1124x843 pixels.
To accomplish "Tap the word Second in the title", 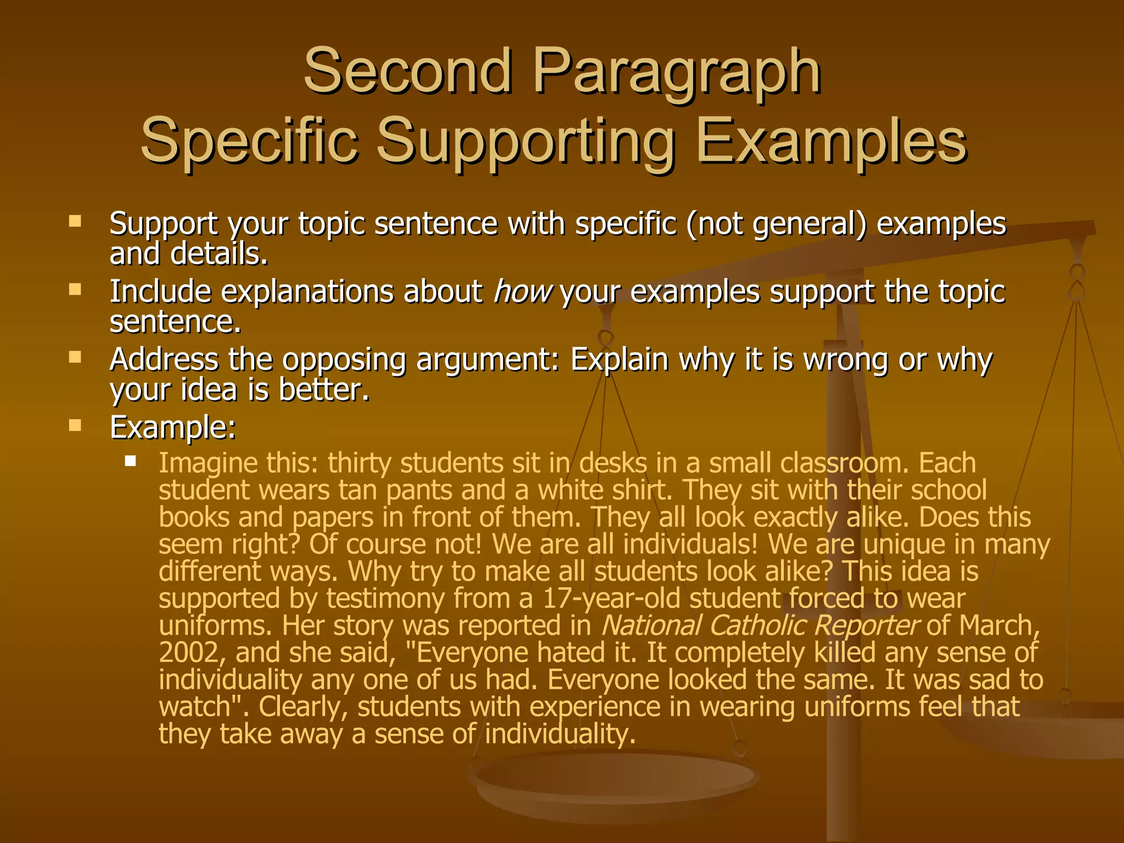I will tap(408, 71).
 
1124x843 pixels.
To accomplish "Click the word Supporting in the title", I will tap(525, 143).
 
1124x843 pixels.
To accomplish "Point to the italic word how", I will tap(522, 291).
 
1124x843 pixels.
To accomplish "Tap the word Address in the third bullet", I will tap(164, 360).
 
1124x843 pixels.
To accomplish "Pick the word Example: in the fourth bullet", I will tap(172, 428).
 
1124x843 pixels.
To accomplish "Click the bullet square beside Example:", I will tap(75, 425).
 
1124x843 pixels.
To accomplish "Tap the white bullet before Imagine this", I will tap(130, 460).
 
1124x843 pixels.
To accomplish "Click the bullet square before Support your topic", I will tap(75, 222).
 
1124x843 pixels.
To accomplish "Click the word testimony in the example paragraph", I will tap(385, 599).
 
